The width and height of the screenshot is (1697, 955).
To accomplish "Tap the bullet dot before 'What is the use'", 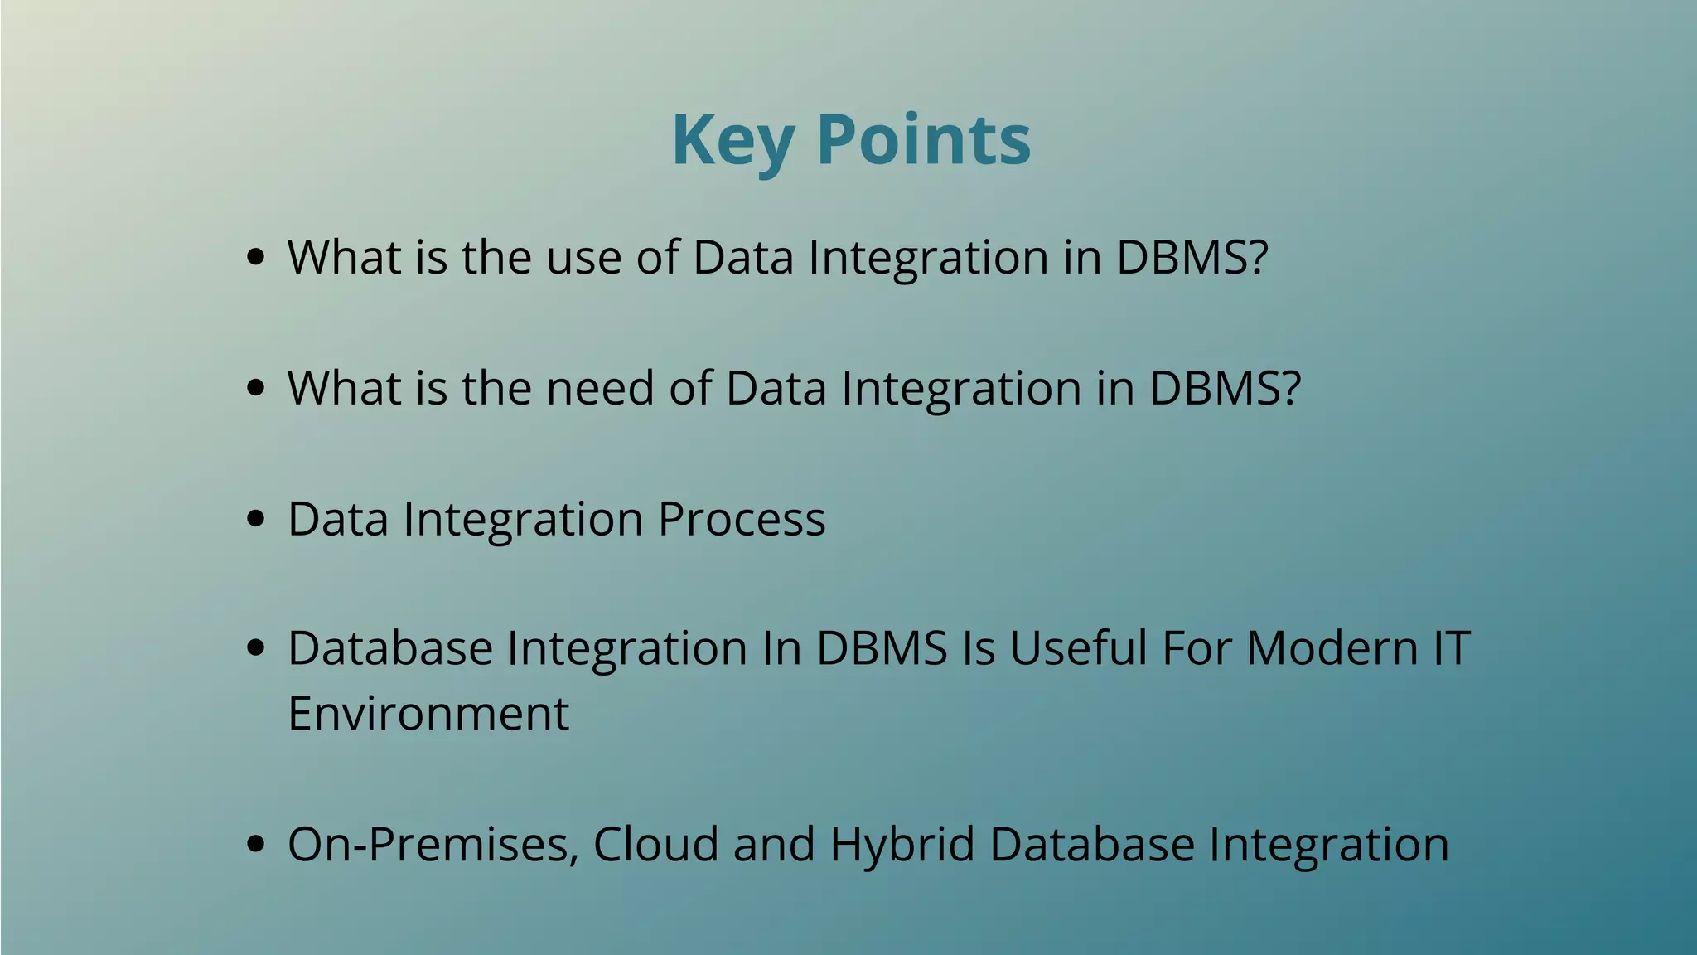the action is (256, 257).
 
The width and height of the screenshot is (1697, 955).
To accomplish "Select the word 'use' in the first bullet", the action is (583, 258).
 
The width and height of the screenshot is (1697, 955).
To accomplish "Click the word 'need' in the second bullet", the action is (600, 388).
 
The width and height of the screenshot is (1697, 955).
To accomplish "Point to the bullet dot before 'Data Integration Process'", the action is (256, 519).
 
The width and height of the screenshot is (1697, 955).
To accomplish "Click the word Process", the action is (742, 520).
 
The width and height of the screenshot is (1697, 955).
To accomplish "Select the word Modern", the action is (1332, 648).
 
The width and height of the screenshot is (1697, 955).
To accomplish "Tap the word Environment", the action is (428, 714).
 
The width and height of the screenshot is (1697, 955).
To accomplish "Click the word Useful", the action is (1078, 648).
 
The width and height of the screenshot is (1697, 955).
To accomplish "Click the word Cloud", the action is (655, 845).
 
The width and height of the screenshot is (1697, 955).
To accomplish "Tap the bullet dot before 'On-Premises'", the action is (256, 845).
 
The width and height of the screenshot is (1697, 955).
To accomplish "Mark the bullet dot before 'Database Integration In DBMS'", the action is (256, 648).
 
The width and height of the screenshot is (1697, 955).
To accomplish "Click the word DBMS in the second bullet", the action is (1215, 388).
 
